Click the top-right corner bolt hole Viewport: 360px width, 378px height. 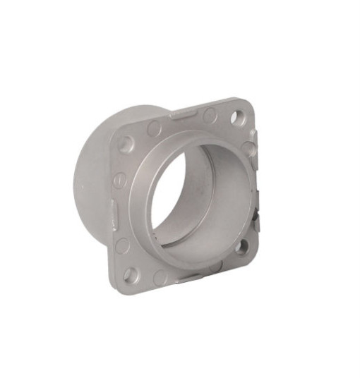(238, 118)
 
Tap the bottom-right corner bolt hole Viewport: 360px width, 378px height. (241, 246)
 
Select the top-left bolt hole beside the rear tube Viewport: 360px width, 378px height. (126, 144)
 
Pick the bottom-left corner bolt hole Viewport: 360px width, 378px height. (131, 274)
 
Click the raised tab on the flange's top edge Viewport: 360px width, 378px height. (183, 112)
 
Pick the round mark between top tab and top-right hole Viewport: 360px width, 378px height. (210, 116)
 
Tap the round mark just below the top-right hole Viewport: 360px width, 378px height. (248, 149)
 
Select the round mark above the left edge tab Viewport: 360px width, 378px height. (119, 181)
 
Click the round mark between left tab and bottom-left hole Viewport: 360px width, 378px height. (123, 245)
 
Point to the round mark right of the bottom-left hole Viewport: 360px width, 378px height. (161, 277)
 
